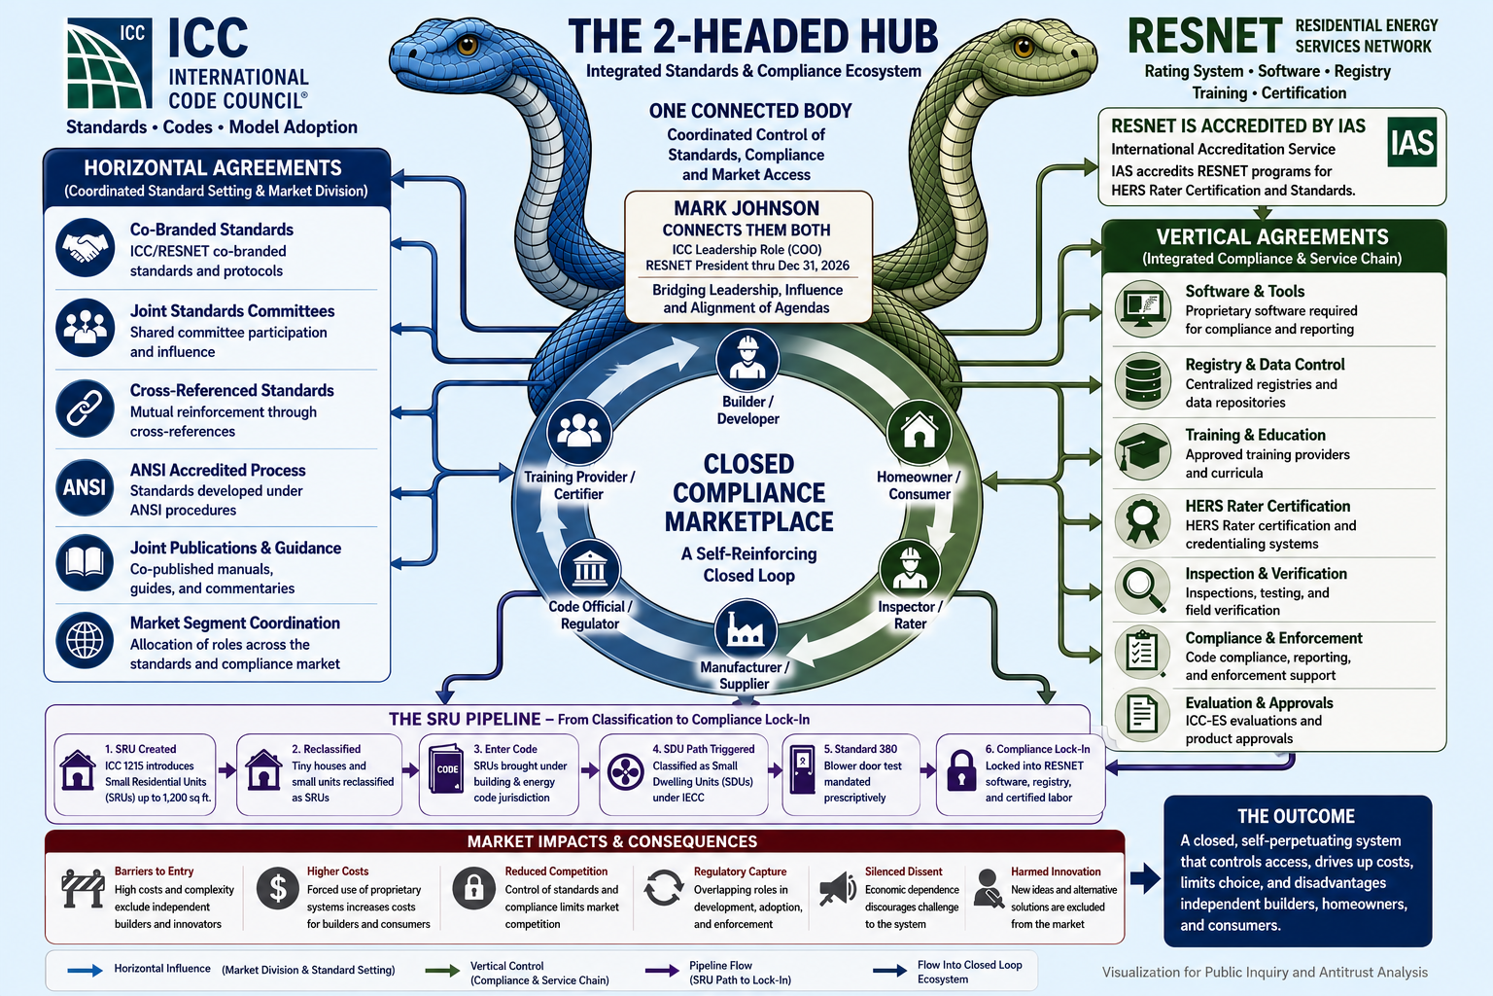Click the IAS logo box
pos(1411,142)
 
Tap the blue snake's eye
pos(468,45)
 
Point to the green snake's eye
pos(1024,47)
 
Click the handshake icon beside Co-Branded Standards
pos(85,247)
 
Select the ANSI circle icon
pos(85,487)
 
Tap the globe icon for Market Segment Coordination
pos(85,640)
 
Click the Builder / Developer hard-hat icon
pos(747,360)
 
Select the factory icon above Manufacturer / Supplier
pos(746,630)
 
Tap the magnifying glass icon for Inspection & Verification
pos(1143,587)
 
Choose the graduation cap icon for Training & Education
pos(1143,452)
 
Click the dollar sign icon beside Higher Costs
pos(277,888)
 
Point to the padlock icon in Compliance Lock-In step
pos(961,770)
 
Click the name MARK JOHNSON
pos(746,209)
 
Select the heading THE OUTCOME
pos(1296,817)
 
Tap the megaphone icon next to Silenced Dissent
pos(837,889)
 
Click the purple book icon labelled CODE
pos(446,768)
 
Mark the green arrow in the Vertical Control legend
pos(442,971)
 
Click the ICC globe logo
pos(109,63)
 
